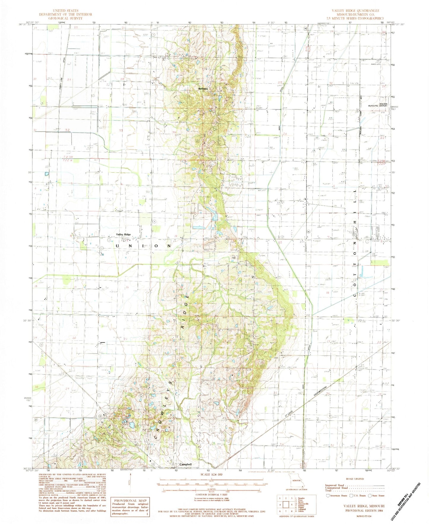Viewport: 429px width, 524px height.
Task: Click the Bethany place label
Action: pyautogui.click(x=203, y=89)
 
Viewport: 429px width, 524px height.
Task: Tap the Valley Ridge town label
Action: pyautogui.click(x=123, y=234)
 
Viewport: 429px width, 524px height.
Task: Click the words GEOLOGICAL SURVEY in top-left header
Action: pyautogui.click(x=66, y=18)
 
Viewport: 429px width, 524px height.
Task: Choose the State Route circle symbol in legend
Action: pyautogui.click(x=370, y=496)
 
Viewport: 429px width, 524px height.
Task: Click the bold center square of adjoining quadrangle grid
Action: pyautogui.click(x=286, y=505)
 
